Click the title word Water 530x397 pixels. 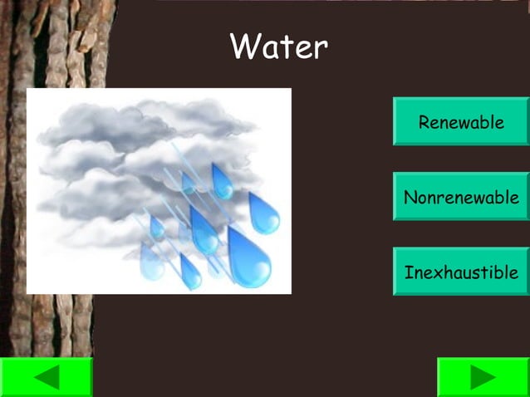pyautogui.click(x=279, y=47)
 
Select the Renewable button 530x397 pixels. pyautogui.click(x=461, y=122)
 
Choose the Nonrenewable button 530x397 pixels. pyautogui.click(x=461, y=197)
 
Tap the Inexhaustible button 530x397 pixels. pyautogui.click(x=461, y=272)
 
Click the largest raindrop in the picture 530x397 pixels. pyautogui.click(x=248, y=260)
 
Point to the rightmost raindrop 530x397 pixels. pyautogui.click(x=264, y=215)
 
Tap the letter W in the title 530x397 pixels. pyautogui.click(x=246, y=47)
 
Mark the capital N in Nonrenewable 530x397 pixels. pyautogui.click(x=410, y=198)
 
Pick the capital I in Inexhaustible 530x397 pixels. pyautogui.click(x=409, y=272)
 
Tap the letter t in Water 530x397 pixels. pyautogui.click(x=286, y=47)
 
